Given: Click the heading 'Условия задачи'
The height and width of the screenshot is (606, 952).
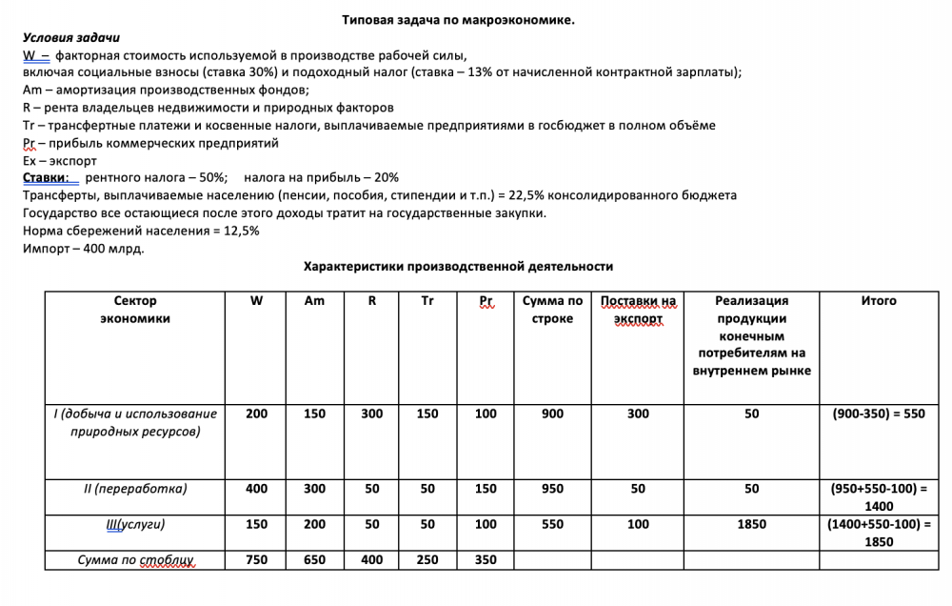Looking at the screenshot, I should coord(70,37).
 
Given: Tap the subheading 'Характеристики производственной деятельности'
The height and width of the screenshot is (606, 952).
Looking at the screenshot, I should coord(458,267).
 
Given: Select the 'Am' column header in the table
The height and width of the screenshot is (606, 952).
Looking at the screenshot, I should coord(314,301).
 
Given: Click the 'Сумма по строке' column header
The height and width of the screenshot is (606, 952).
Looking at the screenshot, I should coord(552,310).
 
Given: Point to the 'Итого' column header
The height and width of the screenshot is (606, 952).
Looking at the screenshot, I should coord(878,301).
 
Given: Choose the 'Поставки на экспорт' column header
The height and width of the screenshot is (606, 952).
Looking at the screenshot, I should coord(638,310).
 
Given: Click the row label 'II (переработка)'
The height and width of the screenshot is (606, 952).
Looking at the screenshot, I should coord(134,489).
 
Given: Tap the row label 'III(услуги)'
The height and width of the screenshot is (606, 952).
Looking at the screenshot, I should coord(134,524).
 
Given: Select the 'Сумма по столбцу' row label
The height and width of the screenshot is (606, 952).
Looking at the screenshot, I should coord(134,560).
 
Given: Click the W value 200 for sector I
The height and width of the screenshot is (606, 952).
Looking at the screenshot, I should coord(256,414).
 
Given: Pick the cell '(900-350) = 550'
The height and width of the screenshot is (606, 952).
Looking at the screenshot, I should coord(878,414).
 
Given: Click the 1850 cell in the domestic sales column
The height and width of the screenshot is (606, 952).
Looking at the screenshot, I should coord(751,524).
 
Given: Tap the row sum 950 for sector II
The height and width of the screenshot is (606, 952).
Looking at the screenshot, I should coord(552,489).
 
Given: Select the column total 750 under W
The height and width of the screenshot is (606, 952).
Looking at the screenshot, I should coord(256,560).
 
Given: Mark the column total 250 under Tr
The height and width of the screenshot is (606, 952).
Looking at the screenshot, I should coord(427,560).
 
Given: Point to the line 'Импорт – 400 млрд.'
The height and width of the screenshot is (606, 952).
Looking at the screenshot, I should coord(83,249).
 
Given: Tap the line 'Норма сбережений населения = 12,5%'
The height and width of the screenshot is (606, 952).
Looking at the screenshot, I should coord(141,232).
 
